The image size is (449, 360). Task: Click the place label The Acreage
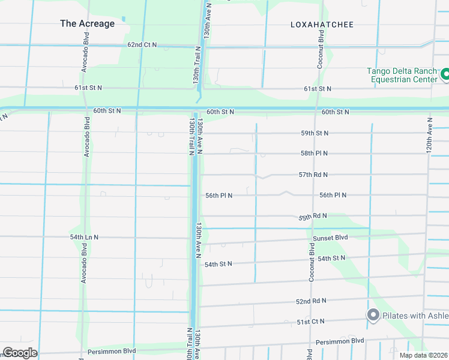pyautogui.click(x=87, y=23)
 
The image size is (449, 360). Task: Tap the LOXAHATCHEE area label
pyautogui.click(x=322, y=25)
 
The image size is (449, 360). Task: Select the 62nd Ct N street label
pyautogui.click(x=142, y=45)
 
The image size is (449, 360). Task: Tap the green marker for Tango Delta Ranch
pyautogui.click(x=445, y=75)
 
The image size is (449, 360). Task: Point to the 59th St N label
pyautogui.click(x=315, y=133)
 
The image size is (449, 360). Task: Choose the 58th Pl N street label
pyautogui.click(x=315, y=154)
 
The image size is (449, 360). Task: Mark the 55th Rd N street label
pyautogui.click(x=313, y=216)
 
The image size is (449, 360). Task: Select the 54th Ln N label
pyautogui.click(x=84, y=238)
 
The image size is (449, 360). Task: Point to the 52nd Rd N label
pyautogui.click(x=311, y=301)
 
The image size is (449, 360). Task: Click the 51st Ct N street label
pyautogui.click(x=310, y=322)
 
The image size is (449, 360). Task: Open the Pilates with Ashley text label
pyautogui.click(x=416, y=316)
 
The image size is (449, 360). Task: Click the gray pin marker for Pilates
pyautogui.click(x=373, y=315)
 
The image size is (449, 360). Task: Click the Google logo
pyautogui.click(x=20, y=353)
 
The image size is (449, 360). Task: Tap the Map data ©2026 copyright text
pyautogui.click(x=423, y=355)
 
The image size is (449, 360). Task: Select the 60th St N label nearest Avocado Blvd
pyautogui.click(x=107, y=111)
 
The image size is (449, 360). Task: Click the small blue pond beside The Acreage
pyautogui.click(x=123, y=19)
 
